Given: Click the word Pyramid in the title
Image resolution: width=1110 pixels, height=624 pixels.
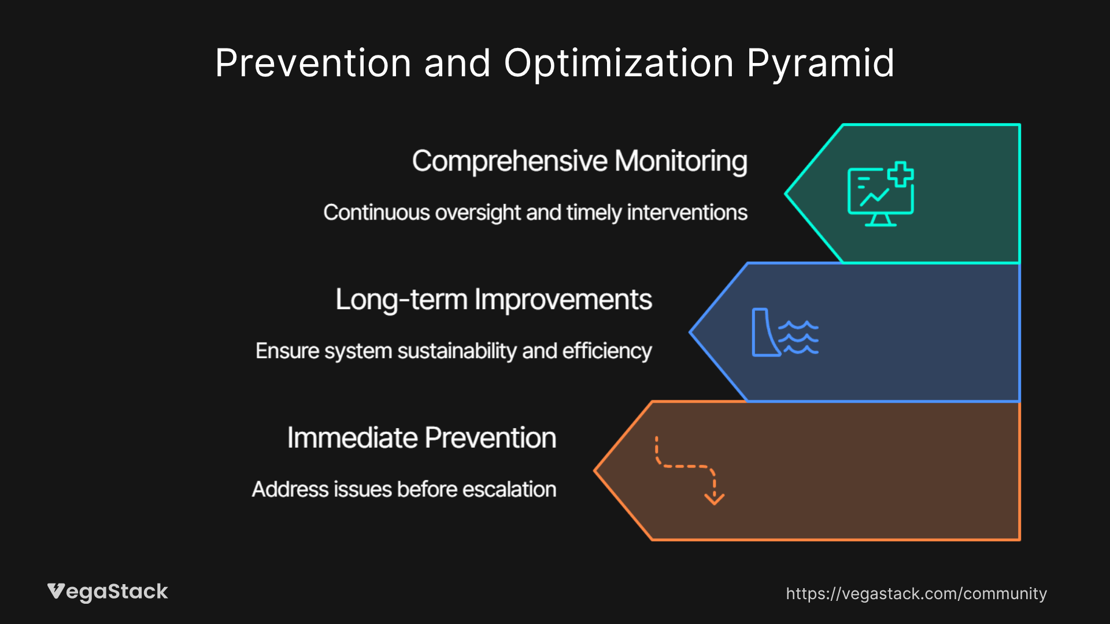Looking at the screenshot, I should [820, 63].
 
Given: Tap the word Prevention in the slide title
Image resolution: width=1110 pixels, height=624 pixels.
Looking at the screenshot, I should [313, 63].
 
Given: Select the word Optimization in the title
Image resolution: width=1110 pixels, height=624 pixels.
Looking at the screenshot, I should [619, 63].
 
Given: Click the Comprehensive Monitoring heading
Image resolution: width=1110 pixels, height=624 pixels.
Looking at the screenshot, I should [579, 161].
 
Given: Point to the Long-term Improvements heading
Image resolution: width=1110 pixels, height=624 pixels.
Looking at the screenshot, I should [494, 300].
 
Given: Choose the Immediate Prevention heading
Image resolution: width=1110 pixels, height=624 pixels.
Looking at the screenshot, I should [421, 438].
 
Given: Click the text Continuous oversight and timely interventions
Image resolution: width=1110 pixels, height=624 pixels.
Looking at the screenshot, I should [535, 213].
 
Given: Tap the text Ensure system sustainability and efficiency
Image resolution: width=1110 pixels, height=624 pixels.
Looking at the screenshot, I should [454, 351].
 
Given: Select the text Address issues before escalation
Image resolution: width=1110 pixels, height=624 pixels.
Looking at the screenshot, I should [404, 489].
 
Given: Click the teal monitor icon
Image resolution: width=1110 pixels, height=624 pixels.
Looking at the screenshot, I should [880, 195].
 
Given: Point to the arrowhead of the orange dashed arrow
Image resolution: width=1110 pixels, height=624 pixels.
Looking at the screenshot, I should [715, 499].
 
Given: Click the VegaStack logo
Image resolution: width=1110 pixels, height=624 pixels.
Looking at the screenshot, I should [108, 592].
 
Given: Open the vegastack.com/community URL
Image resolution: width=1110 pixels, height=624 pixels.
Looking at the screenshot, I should [916, 593].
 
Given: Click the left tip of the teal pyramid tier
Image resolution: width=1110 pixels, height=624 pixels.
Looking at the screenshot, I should [787, 194].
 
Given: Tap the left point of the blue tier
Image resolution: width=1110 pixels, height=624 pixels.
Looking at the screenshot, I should [692, 332].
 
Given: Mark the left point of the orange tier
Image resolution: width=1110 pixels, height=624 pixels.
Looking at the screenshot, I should [597, 471].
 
